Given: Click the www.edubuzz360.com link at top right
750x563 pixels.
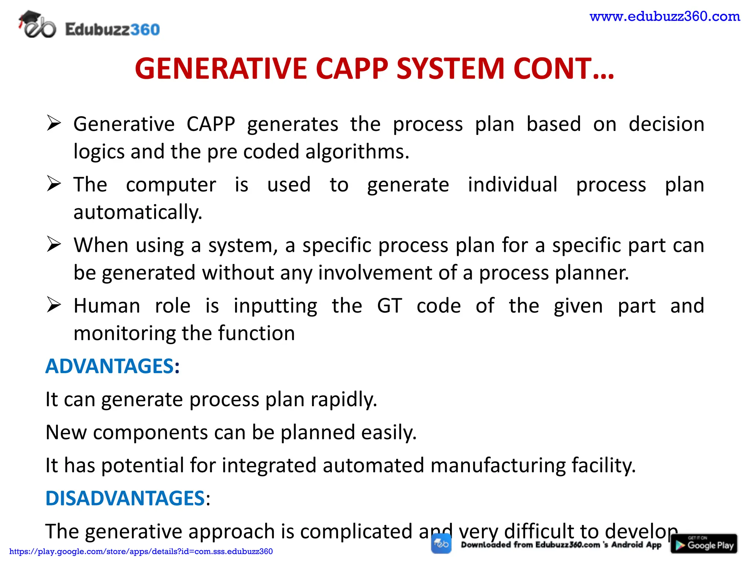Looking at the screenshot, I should [665, 16].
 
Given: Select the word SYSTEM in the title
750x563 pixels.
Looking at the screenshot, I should [450, 69].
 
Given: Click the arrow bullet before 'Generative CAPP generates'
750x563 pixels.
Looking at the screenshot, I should [54, 123].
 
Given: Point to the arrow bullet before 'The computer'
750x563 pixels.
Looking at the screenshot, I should [54, 184].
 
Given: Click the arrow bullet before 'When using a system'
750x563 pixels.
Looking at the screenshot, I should [54, 244].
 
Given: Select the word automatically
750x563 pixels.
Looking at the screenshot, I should [138, 212].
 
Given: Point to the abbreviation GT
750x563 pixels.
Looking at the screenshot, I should [389, 305].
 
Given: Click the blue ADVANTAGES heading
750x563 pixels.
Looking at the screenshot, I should [109, 366].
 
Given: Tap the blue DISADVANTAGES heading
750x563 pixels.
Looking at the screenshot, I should [125, 498].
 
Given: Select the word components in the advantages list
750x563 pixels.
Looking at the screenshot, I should [151, 432].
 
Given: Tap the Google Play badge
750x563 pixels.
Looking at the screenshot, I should [703, 544].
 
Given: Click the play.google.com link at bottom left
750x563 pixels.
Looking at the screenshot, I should [141, 551].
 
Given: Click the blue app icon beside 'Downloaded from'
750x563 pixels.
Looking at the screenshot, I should [441, 544].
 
